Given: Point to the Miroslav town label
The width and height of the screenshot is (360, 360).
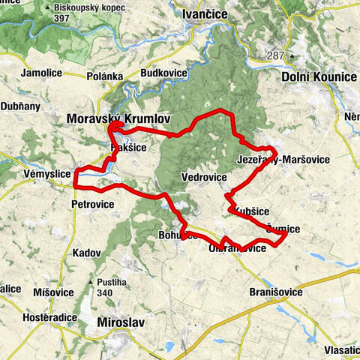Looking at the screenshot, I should click(x=120, y=322).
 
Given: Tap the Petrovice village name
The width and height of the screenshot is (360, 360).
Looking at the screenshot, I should click(x=92, y=203).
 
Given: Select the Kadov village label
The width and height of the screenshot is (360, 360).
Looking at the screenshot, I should click(x=85, y=253).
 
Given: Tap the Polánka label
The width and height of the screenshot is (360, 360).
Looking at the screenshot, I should click(x=104, y=76).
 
